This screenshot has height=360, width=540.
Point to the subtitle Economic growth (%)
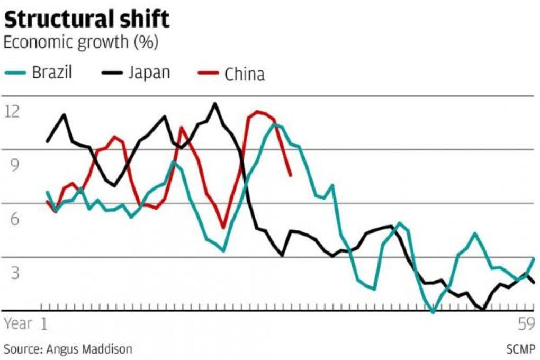point(81,43)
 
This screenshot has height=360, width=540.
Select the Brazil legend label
point(52,72)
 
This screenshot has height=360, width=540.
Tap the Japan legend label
point(149,72)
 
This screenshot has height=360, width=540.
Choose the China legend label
point(244,74)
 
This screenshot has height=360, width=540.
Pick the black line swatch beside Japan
point(111,73)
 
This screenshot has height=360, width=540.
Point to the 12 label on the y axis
point(12,111)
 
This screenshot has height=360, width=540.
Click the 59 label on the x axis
point(526,324)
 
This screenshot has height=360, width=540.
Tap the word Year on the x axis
point(19,323)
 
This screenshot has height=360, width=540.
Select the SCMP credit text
point(521,349)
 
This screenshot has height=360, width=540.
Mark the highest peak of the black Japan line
point(214,103)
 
